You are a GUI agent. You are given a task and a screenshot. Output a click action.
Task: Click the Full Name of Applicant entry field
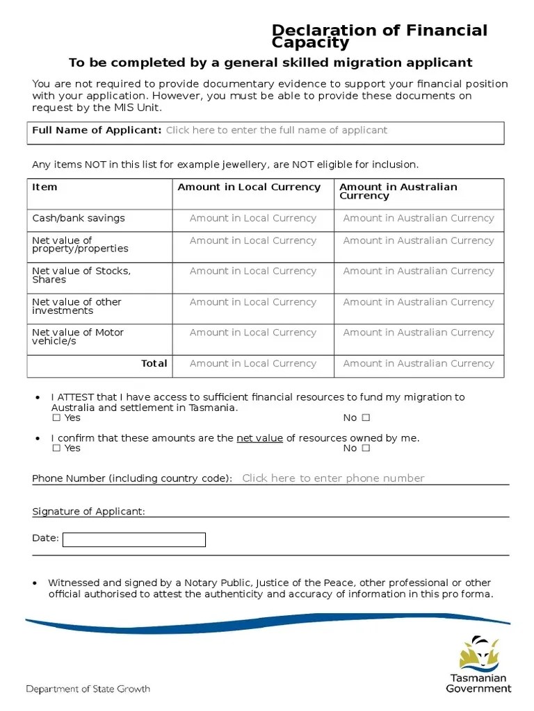coord(276,131)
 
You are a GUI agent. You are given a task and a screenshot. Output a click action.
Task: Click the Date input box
coord(133,539)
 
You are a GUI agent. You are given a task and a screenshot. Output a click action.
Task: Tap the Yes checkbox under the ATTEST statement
coord(56,418)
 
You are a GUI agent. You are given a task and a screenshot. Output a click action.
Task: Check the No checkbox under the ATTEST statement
coord(366,418)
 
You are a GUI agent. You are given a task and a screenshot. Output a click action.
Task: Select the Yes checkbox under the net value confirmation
coord(56,449)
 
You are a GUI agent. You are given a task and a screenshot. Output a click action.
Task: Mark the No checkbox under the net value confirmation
coord(366,449)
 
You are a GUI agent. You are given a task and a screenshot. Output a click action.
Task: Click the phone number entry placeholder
coord(332,478)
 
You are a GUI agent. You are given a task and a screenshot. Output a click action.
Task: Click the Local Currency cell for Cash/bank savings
coord(252,219)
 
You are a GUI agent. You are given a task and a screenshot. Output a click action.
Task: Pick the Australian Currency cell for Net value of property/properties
coord(419,241)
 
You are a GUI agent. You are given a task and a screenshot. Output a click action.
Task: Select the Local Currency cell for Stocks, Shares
coord(252,271)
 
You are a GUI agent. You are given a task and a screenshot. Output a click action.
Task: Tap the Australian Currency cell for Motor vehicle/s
coord(419,333)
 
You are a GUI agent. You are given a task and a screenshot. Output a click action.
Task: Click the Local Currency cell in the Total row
coord(252,364)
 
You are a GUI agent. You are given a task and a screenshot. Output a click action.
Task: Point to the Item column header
coord(44,187)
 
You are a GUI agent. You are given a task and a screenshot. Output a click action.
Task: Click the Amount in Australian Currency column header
coord(398,192)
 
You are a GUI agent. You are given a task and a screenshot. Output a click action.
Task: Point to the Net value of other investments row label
coord(76,307)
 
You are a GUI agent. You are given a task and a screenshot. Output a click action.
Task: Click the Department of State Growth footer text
coord(88,689)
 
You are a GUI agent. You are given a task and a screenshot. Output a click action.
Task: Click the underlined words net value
coord(259,439)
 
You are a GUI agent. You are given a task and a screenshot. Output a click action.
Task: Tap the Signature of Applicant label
coord(88,512)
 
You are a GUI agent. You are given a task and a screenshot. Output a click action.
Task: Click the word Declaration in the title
coord(314,31)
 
